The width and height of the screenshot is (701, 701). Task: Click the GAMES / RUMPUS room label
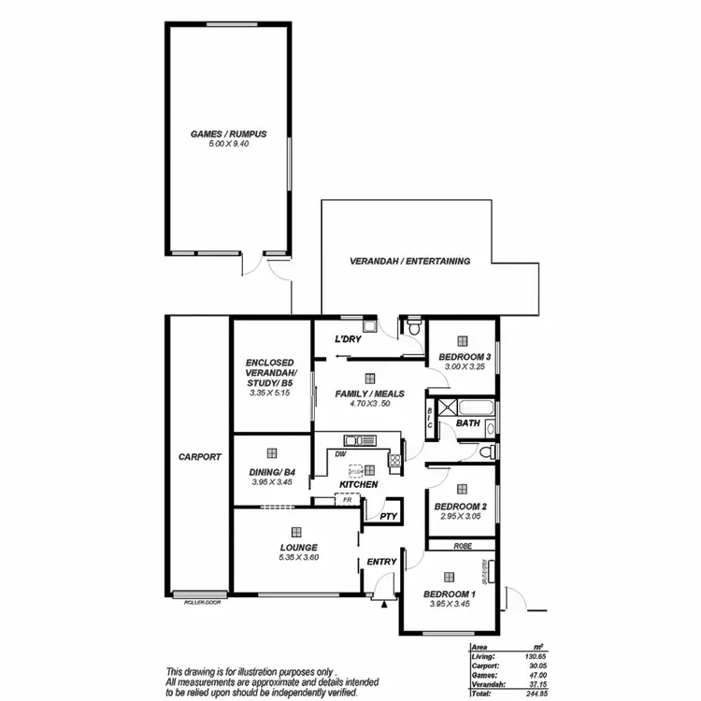click(228, 135)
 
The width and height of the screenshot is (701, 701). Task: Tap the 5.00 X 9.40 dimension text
click(228, 145)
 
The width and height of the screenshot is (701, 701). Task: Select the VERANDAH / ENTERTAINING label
click(409, 262)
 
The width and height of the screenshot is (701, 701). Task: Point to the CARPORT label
click(199, 457)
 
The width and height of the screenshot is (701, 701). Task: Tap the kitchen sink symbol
click(358, 440)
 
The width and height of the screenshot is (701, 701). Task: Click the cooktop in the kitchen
click(395, 459)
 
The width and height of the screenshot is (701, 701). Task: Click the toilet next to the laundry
click(414, 328)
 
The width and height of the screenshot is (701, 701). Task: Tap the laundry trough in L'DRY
click(370, 325)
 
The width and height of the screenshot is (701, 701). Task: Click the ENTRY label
click(382, 562)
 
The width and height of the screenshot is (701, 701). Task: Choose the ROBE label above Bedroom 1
click(461, 545)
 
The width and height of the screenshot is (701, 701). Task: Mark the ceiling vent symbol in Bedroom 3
click(463, 343)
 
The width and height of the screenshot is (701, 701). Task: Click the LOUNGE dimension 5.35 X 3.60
click(298, 558)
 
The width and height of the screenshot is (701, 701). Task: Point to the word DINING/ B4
click(271, 472)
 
